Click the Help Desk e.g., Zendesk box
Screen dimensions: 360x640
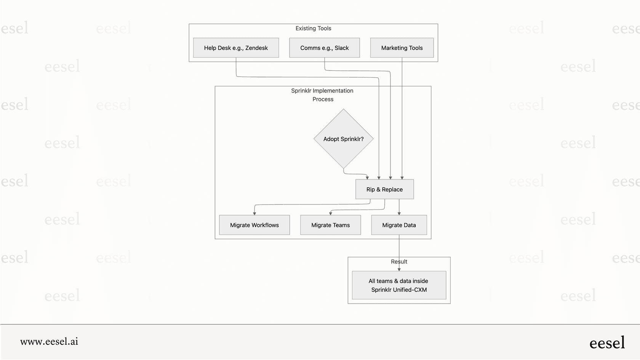[236, 48]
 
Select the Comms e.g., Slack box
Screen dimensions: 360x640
[324, 48]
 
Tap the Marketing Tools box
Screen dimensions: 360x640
[402, 48]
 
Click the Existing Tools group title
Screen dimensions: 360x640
[313, 29]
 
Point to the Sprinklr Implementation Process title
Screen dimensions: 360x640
[323, 95]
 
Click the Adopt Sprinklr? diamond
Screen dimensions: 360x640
[343, 139]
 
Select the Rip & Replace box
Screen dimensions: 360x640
[384, 189]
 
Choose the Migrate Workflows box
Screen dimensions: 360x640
[254, 225]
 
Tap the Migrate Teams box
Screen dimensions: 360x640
[330, 225]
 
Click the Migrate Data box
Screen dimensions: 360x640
[399, 225]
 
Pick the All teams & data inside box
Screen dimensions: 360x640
[399, 285]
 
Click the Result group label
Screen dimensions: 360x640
[399, 262]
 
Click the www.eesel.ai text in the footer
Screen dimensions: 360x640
[49, 342]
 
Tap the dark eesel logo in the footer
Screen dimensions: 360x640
[607, 343]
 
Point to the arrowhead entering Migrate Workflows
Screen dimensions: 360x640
[254, 213]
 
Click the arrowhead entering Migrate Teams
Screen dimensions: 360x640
[330, 213]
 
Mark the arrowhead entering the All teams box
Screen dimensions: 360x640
[399, 269]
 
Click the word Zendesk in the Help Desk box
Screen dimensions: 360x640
[256, 48]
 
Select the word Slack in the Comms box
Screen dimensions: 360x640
[342, 48]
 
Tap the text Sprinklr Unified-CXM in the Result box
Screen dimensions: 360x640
[399, 290]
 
